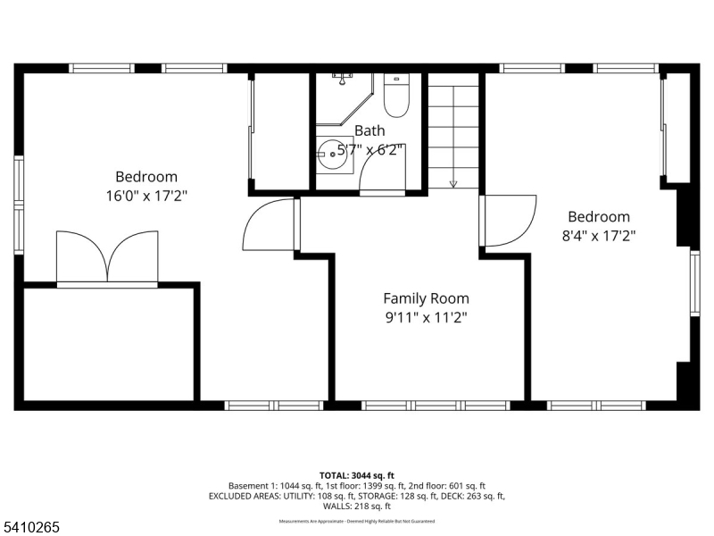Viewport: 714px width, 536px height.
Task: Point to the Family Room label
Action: pos(426,298)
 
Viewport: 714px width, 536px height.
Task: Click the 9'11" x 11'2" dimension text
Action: pos(426,316)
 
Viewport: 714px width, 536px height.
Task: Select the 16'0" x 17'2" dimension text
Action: pos(146,195)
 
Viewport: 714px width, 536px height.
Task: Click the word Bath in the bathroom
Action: pos(369,130)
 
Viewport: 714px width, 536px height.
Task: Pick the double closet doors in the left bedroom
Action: pos(107,257)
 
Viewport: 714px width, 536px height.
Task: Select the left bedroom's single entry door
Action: pos(270,224)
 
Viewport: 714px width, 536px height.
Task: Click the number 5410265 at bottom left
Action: pos(31,527)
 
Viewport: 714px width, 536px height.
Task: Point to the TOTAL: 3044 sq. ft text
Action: pos(357,474)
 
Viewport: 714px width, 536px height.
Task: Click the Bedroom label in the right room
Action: pos(599,217)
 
